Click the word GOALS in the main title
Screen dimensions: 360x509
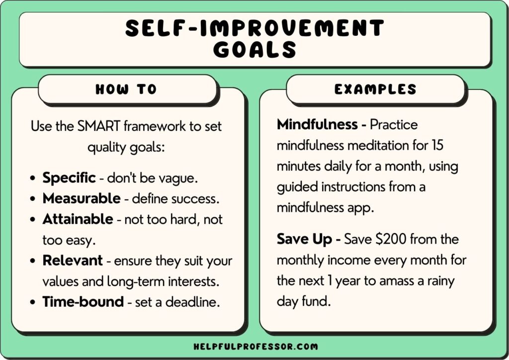254,50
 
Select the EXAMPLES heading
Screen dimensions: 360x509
375,90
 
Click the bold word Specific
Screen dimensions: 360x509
69,178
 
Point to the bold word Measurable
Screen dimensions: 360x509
82,198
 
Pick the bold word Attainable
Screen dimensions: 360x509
78,219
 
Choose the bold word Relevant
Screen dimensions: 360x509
73,260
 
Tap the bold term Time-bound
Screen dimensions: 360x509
83,302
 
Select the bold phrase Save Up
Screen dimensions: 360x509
304,239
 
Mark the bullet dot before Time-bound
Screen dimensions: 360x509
33,302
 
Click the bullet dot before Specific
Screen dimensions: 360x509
33,178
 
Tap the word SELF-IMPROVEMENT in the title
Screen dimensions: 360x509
254,28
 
